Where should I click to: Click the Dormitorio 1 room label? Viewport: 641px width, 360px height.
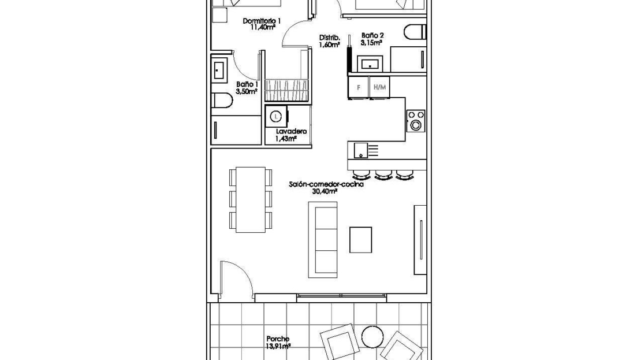[262, 21]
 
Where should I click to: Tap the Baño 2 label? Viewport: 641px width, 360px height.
[372, 36]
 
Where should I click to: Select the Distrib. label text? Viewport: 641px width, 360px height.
[330, 38]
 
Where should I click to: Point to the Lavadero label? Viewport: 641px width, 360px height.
[291, 131]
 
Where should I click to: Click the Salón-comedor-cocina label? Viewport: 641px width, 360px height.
[326, 184]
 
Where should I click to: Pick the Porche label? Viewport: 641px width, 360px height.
[278, 339]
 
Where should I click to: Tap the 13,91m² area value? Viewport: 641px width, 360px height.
[278, 346]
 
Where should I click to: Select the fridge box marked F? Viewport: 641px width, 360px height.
[359, 87]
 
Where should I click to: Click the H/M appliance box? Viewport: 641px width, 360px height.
[379, 87]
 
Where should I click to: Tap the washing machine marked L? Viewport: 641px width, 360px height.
[277, 117]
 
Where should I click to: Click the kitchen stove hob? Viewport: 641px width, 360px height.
[416, 121]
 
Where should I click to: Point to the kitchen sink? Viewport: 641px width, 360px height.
[361, 150]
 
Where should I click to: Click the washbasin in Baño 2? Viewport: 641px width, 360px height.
[370, 64]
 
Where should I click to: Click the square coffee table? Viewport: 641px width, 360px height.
[360, 240]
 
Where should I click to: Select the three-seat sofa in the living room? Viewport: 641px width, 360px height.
[323, 240]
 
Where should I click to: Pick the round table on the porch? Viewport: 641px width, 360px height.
[373, 337]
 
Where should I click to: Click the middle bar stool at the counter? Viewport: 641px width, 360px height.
[383, 175]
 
